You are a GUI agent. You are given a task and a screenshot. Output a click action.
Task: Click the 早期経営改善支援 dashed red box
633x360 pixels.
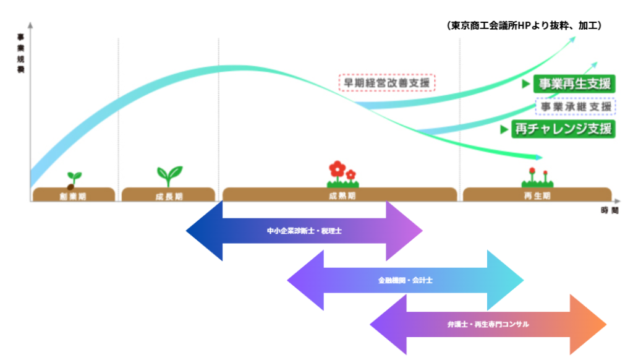point(388,82)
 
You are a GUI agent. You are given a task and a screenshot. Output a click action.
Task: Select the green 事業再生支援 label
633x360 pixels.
point(574,84)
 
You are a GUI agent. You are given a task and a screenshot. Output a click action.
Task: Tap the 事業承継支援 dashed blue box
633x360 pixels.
point(576,106)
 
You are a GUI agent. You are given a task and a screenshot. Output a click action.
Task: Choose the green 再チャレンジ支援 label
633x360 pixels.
point(563,129)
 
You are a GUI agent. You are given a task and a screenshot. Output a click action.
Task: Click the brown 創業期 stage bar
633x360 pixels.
point(74,195)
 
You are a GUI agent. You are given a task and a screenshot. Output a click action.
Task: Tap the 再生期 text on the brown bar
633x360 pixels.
point(537,195)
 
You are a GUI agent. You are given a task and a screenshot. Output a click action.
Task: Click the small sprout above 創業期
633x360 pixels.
point(74,179)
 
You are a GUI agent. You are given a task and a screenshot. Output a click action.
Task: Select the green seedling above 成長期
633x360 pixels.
point(169,176)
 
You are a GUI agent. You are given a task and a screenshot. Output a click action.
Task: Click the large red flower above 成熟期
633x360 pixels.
point(337,168)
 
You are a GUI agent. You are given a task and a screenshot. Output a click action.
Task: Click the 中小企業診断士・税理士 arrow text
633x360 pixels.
point(304,231)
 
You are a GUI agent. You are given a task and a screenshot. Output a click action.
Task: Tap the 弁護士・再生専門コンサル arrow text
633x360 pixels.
point(488,324)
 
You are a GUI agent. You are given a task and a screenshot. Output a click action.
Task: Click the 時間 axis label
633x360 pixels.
point(609,211)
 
